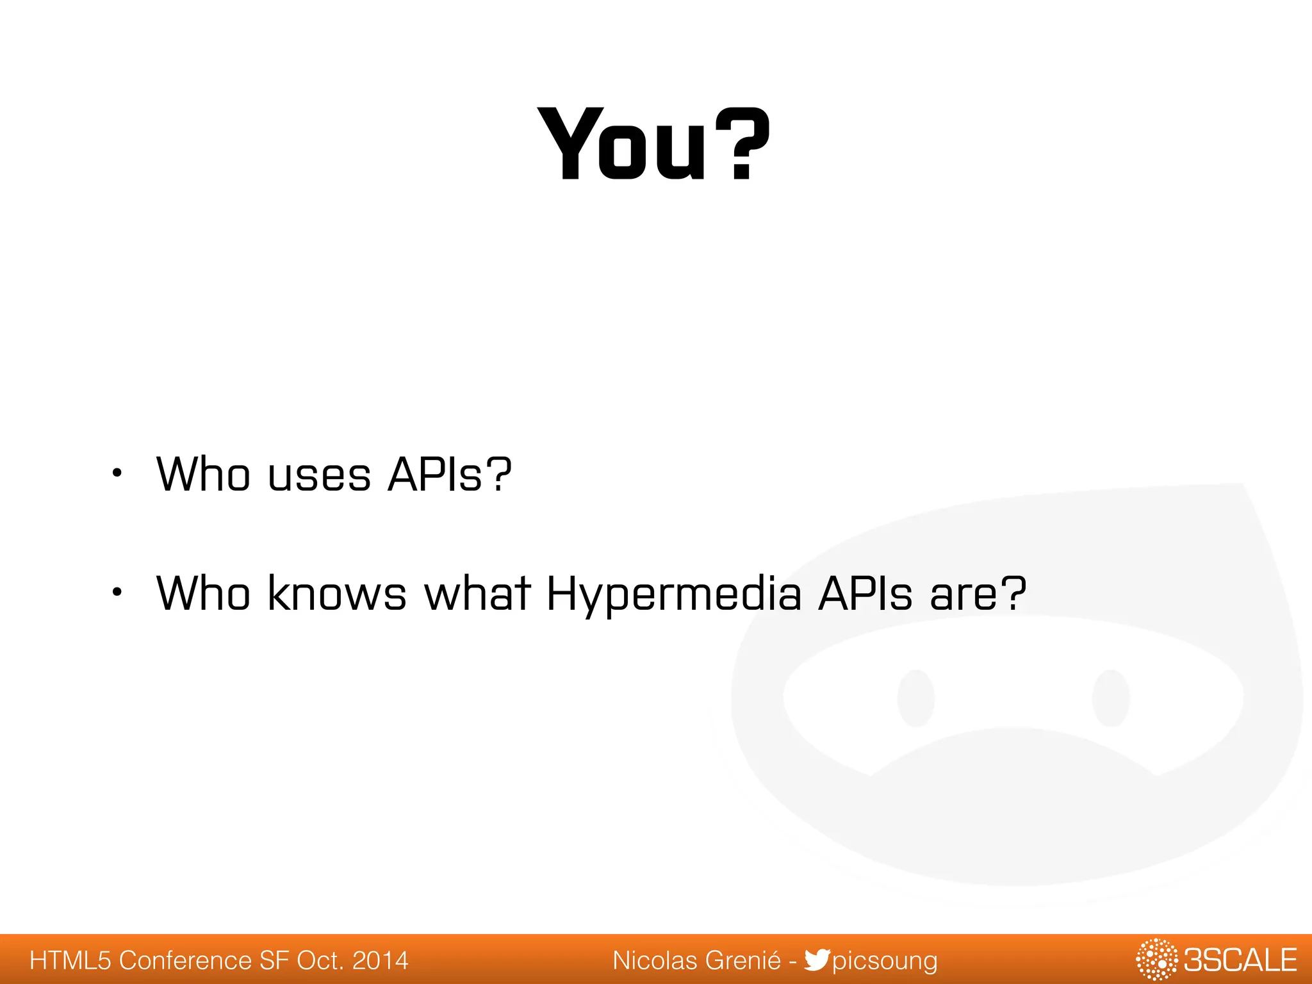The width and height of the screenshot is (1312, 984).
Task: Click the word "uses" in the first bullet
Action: pos(320,475)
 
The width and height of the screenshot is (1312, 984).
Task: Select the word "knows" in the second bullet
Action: pos(337,593)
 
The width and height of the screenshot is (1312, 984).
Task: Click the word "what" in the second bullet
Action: pos(477,593)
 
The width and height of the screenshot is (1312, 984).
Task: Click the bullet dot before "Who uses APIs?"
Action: pos(116,474)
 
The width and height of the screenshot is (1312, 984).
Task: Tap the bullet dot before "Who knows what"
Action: pos(116,593)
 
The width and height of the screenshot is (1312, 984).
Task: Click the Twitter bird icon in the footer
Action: pos(817,960)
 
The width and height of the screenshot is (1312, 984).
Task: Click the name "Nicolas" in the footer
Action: pos(655,960)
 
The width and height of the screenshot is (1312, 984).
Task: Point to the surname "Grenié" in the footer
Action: pos(742,960)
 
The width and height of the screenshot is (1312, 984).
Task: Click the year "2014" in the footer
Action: pos(381,960)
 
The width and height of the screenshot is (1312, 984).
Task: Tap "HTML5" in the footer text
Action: pos(70,960)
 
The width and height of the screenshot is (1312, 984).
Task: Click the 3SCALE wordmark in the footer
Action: pos(1240,960)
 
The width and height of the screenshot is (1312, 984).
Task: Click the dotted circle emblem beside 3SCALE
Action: pos(1156,960)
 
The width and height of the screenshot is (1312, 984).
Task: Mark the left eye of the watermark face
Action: pos(916,698)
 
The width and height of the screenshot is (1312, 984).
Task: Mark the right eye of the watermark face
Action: pos(1111,698)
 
